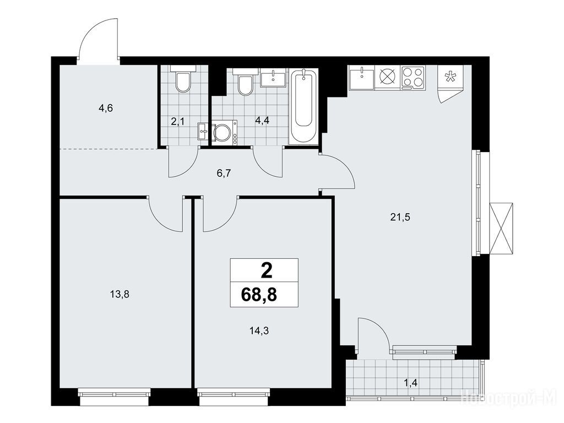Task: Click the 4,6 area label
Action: pos(106,108)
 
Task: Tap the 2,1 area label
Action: pos(177,122)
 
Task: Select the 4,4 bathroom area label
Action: pos(262,121)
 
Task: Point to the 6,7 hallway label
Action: pos(224,173)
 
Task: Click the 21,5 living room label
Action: pos(400,217)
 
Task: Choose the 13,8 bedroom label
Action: pos(120,295)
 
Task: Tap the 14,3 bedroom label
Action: pos(259,330)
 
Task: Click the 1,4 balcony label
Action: pos(410,383)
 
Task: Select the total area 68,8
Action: pos(259,295)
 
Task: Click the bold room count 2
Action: pos(266,271)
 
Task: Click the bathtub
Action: pos(303,106)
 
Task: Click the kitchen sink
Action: pos(362,78)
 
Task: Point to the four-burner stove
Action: pos(413,77)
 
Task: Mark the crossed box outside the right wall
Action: pos(501,229)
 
